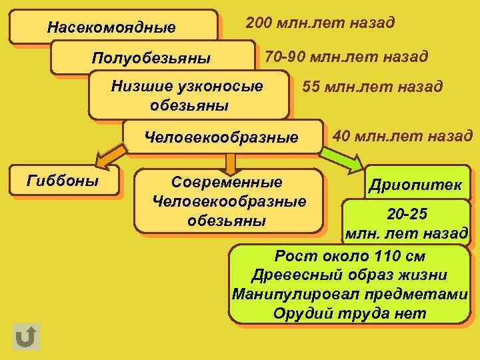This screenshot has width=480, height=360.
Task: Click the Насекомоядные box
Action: (112, 27)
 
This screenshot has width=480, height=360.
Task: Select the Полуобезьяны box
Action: (151, 58)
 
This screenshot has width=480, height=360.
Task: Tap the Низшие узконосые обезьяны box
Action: (189, 95)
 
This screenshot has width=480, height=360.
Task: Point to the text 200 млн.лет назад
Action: (320, 23)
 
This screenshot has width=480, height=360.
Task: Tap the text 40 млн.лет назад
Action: (402, 137)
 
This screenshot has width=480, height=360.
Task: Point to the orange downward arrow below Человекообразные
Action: (230, 163)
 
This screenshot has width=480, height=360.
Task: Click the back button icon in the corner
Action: (26, 337)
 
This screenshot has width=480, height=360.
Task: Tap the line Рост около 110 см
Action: (350, 257)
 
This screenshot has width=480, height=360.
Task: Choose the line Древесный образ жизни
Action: (350, 275)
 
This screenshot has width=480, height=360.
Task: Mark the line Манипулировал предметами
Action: (350, 294)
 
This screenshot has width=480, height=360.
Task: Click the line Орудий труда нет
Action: (350, 313)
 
